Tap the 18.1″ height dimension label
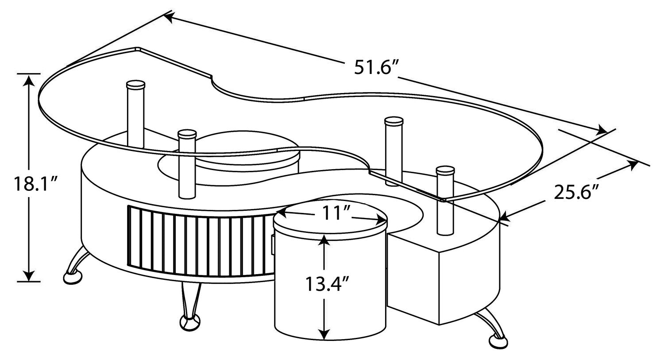35,184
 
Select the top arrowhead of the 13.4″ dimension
325,239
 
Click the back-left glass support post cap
136,85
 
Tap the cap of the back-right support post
394,122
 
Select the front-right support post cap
445,171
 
